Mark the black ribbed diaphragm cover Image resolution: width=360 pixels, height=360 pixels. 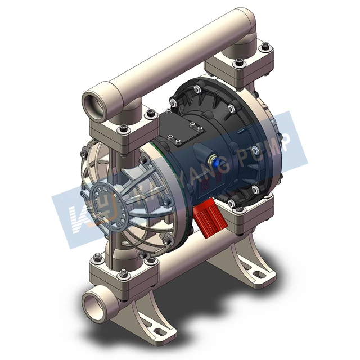point(236,141)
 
